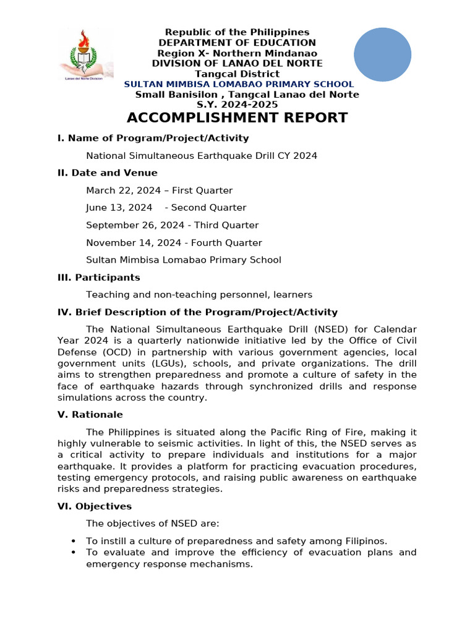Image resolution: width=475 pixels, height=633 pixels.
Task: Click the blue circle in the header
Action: [382, 54]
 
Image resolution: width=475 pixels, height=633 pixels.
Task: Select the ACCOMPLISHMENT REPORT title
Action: [237, 117]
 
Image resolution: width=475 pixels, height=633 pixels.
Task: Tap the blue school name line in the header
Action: [239, 84]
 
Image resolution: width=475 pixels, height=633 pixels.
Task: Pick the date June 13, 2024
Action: [119, 208]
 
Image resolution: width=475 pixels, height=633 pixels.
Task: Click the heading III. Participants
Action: [99, 278]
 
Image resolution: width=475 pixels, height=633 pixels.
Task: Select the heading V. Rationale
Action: [90, 414]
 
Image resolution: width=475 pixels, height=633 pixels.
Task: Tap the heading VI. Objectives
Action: [95, 506]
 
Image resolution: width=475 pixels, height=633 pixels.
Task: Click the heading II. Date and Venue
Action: [108, 173]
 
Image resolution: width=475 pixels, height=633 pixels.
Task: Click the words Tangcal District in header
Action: [237, 74]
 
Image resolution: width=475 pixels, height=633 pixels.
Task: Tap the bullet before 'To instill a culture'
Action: [74, 541]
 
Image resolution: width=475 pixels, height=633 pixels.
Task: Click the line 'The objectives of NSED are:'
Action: [152, 524]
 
